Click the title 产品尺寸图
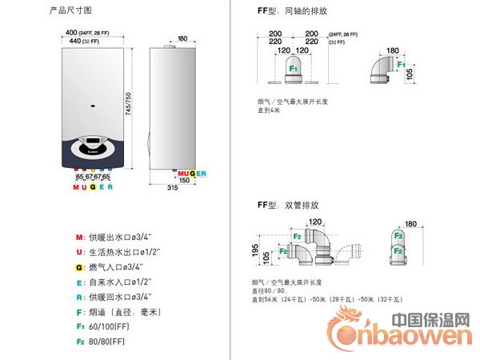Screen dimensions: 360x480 tap(71, 11)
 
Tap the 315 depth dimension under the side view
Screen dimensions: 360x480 tap(171, 187)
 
